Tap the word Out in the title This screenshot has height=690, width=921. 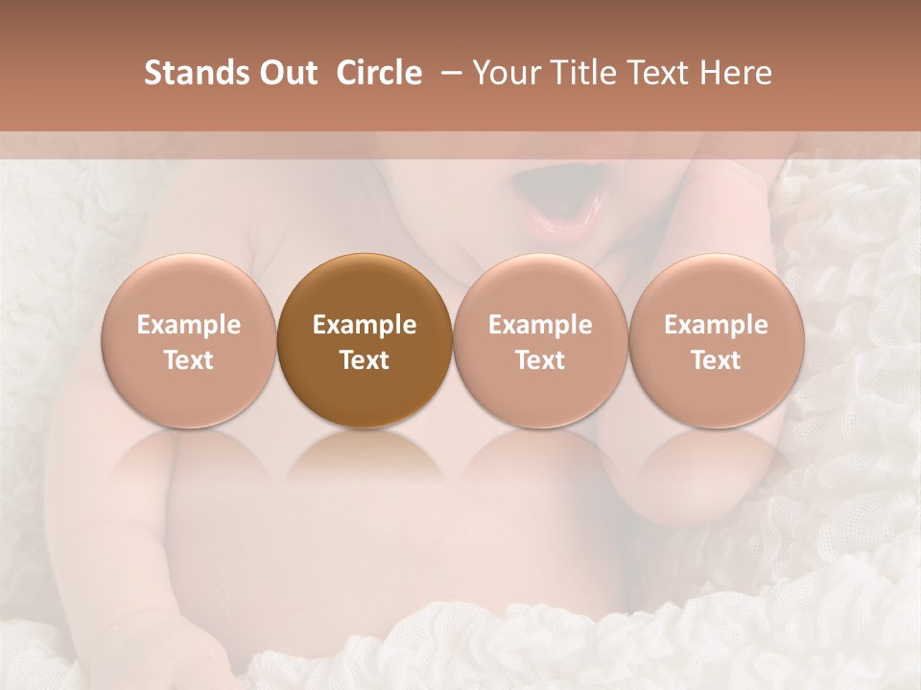[286, 73]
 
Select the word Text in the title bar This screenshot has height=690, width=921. [659, 73]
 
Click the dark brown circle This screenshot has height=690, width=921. [365, 340]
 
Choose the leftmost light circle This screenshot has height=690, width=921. [189, 340]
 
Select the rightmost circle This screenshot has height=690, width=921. [716, 340]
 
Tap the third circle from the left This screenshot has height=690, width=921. [540, 340]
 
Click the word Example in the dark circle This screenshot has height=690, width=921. [365, 325]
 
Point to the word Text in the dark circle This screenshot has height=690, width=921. [365, 360]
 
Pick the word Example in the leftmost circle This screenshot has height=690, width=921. [189, 325]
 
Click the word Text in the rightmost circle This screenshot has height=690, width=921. [716, 360]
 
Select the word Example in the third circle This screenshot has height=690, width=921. [540, 325]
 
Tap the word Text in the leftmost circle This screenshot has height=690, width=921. [189, 360]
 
